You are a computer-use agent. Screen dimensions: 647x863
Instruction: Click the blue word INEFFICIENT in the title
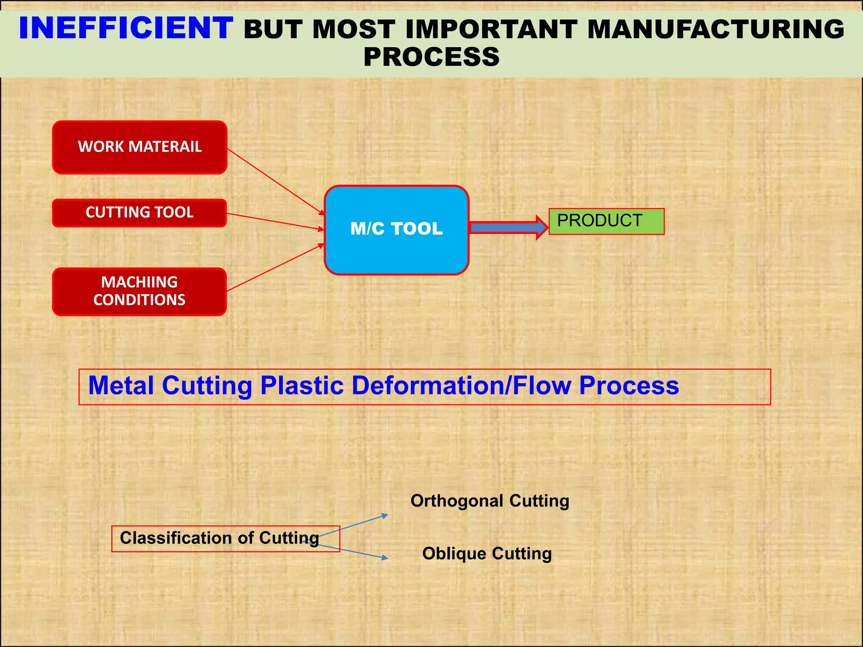pyautogui.click(x=126, y=28)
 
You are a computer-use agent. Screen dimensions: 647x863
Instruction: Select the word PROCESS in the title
pyautogui.click(x=431, y=57)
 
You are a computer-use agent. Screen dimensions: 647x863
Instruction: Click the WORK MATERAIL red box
pyautogui.click(x=139, y=147)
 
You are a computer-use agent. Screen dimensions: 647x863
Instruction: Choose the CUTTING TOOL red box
pyautogui.click(x=139, y=212)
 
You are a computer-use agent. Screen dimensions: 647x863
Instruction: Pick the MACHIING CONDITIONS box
pyautogui.click(x=139, y=291)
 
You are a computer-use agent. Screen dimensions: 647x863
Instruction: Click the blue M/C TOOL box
pyautogui.click(x=396, y=230)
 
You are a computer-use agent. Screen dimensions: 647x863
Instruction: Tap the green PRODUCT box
pyautogui.click(x=606, y=221)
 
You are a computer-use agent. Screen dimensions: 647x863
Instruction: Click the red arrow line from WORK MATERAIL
pyautogui.click(x=274, y=181)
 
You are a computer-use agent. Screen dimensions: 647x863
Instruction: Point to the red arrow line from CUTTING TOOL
pyautogui.click(x=274, y=222)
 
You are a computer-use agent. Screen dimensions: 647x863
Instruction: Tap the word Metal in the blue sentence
pyautogui.click(x=121, y=385)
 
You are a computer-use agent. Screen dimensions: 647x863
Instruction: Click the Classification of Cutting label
pyautogui.click(x=219, y=538)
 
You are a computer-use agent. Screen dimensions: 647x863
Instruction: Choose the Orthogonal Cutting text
pyautogui.click(x=490, y=501)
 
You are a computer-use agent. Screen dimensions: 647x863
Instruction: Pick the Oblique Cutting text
pyautogui.click(x=487, y=553)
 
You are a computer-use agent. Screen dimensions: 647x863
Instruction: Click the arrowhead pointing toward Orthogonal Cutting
pyautogui.click(x=384, y=516)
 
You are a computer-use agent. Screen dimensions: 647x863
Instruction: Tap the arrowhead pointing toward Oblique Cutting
pyautogui.click(x=384, y=558)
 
